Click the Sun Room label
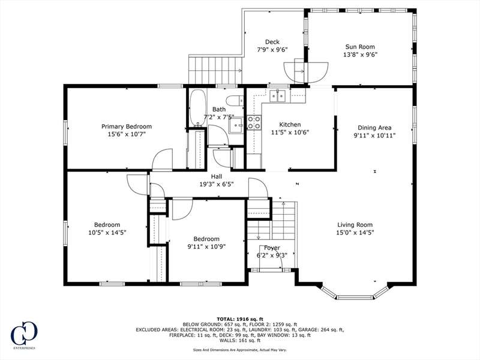[x=360, y=47]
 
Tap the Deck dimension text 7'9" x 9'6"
[x=272, y=50]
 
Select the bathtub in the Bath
[x=198, y=107]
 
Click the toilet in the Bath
[x=235, y=100]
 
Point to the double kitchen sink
[x=278, y=95]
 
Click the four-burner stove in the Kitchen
[x=254, y=122]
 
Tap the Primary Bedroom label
[x=127, y=127]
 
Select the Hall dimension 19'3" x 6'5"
[x=217, y=184]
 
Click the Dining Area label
[x=374, y=128]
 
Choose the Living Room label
[x=355, y=224]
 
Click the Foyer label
[x=272, y=248]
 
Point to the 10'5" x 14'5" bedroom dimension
[x=107, y=233]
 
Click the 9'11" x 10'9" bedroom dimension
[x=206, y=247]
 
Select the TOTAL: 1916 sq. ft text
[x=240, y=319]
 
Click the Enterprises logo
[x=24, y=335]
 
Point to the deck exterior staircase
[x=215, y=70]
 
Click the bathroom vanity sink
[x=236, y=125]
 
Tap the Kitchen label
[x=290, y=125]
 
